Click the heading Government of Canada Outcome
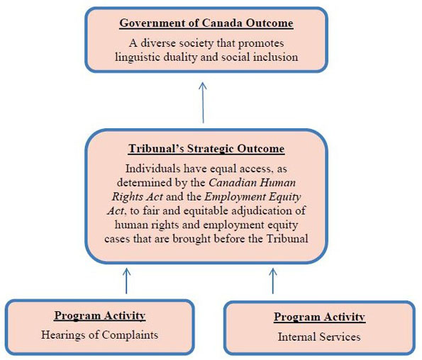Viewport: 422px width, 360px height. pyautogui.click(x=206, y=24)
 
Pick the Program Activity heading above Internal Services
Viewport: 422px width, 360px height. pyautogui.click(x=319, y=317)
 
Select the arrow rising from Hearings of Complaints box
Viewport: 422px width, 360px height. pyautogui.click(x=127, y=279)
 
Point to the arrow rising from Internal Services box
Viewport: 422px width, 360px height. pyautogui.click(x=273, y=279)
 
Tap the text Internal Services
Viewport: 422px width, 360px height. pyautogui.click(x=319, y=337)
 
